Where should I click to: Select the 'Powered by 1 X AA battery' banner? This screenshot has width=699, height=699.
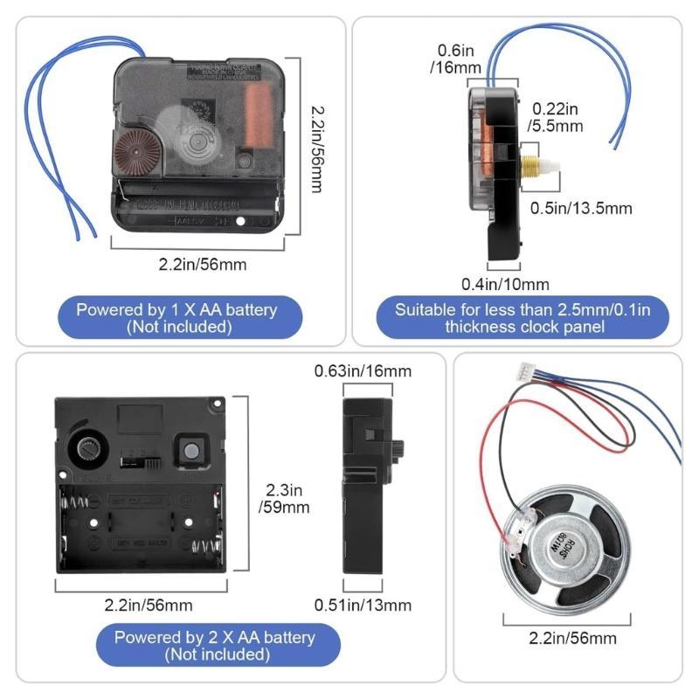(x=176, y=318)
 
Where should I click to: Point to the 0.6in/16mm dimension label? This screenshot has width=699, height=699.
(x=450, y=59)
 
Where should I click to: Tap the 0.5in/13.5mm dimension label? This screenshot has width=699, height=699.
(x=582, y=207)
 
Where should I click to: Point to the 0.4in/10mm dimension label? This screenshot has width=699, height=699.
(x=505, y=284)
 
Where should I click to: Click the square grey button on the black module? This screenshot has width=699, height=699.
(x=190, y=450)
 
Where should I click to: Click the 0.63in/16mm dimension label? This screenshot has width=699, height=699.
(x=363, y=371)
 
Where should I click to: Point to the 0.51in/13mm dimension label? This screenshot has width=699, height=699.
(x=363, y=605)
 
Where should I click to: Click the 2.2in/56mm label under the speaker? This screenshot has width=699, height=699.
(x=572, y=638)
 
